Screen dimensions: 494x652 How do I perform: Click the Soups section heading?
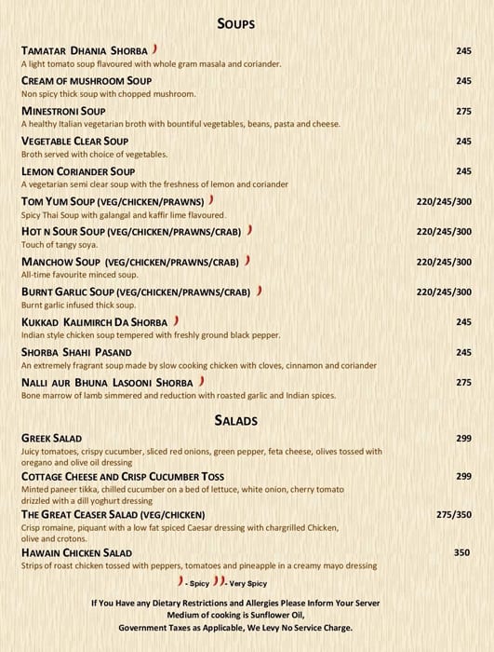point(235,24)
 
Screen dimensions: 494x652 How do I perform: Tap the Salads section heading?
point(235,421)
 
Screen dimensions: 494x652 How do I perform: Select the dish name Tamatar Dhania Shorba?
point(84,50)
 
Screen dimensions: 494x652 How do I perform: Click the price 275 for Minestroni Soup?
point(463,112)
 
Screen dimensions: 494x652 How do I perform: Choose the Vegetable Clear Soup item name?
point(74,142)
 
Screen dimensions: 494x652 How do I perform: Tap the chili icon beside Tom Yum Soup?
point(212,200)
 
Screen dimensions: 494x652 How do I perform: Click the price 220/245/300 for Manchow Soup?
point(444,262)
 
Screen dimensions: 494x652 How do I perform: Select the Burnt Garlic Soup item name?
point(136,292)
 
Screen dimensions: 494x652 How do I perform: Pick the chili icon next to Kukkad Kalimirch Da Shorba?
point(176,321)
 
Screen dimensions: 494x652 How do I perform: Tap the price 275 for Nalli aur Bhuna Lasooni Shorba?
point(463,383)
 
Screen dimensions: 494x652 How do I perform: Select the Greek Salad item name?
point(51,439)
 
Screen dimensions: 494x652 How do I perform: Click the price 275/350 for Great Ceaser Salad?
point(454,515)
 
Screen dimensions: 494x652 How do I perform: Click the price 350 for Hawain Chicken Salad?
point(462,553)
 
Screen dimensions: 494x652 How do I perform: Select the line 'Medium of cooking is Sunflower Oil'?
point(235,616)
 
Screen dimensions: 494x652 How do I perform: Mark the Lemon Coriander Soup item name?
point(79,171)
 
